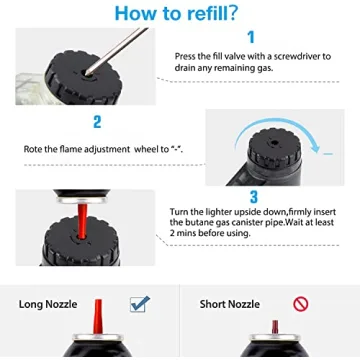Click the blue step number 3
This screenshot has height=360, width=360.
254,197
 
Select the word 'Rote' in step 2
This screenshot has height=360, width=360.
35,149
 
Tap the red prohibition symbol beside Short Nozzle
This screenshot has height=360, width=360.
300,304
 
